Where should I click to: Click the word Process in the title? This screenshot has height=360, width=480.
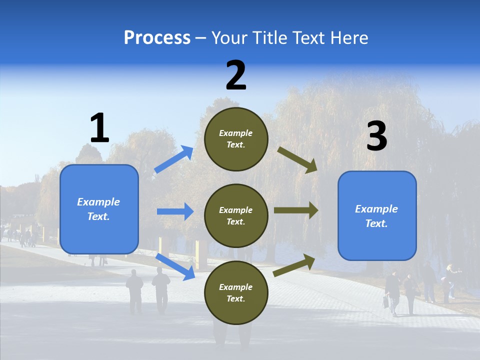pyautogui.click(x=157, y=37)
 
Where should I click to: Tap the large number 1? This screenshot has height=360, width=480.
pyautogui.click(x=99, y=128)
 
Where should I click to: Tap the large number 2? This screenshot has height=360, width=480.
pyautogui.click(x=236, y=75)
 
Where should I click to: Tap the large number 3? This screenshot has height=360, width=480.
pyautogui.click(x=376, y=136)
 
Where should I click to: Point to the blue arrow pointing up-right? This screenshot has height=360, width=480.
pyautogui.click(x=173, y=159)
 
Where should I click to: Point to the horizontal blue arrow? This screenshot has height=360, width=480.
pyautogui.click(x=175, y=211)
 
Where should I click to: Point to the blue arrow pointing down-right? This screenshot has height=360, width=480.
pyautogui.click(x=175, y=266)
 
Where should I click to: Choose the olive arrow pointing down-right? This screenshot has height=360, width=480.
pyautogui.click(x=297, y=160)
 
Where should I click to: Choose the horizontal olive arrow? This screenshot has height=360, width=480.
pyautogui.click(x=295, y=210)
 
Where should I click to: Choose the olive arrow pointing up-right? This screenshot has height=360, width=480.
pyautogui.click(x=294, y=265)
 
